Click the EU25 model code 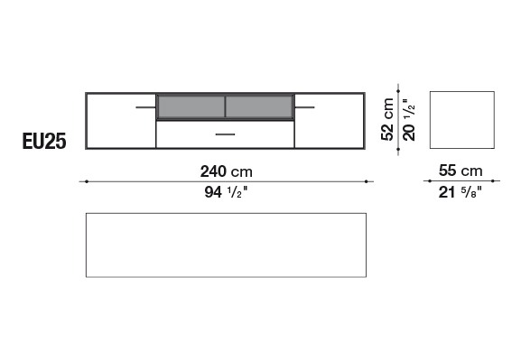pos(44,141)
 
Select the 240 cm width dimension pos(227,171)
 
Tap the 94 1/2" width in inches pos(226,192)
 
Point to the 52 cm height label pos(387,119)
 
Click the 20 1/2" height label pos(409,119)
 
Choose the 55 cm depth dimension pos(461,171)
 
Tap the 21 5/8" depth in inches pos(461,192)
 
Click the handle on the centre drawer pos(225,134)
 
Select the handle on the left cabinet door pos(145,107)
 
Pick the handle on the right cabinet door pos(304,107)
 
